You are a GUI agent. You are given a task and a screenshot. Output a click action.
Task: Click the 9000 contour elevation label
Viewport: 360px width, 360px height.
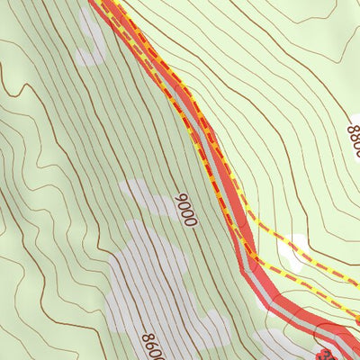tap(185, 210)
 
